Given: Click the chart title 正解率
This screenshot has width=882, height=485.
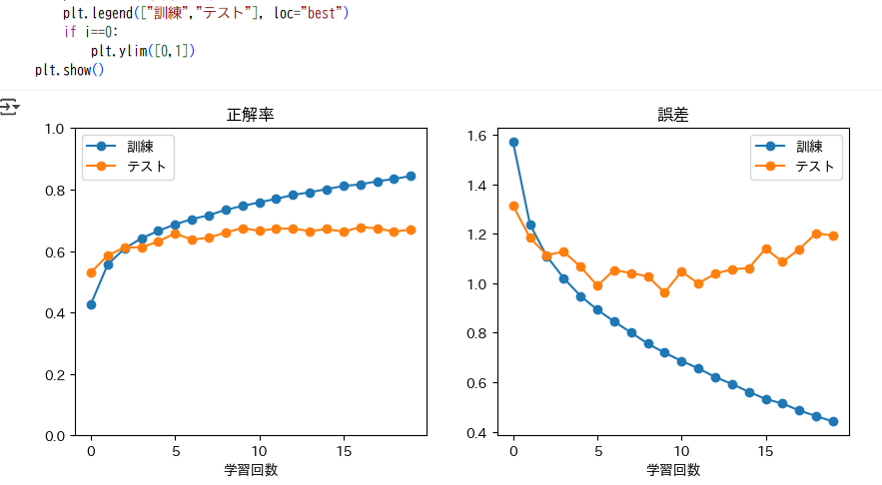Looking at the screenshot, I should pyautogui.click(x=252, y=115).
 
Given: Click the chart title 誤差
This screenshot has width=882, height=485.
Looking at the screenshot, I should pyautogui.click(x=674, y=115).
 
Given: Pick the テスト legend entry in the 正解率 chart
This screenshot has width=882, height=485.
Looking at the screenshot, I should pyautogui.click(x=145, y=167).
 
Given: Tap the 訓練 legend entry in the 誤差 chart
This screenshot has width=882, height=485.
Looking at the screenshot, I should pyautogui.click(x=809, y=147).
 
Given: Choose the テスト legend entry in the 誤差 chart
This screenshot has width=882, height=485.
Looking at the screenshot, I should pyautogui.click(x=815, y=167).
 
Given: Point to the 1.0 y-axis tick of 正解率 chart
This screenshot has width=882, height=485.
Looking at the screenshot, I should pyautogui.click(x=54, y=129).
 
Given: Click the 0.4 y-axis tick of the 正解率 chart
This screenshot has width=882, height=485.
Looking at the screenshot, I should pyautogui.click(x=54, y=313).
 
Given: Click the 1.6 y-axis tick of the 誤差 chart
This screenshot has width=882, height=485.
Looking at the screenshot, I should pyautogui.click(x=476, y=136).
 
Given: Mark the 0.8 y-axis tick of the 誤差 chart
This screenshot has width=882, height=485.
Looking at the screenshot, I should pyautogui.click(x=476, y=333).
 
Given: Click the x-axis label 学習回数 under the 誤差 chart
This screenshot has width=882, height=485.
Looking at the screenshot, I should pyautogui.click(x=674, y=469).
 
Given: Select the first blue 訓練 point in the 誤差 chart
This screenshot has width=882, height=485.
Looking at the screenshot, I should pyautogui.click(x=513, y=142).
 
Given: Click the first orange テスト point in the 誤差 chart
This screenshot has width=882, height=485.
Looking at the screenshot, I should pyautogui.click(x=513, y=206).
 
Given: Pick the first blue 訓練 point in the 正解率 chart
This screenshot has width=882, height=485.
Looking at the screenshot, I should pyautogui.click(x=91, y=304).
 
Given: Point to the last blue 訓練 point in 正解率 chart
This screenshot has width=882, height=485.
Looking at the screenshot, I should pyautogui.click(x=411, y=176).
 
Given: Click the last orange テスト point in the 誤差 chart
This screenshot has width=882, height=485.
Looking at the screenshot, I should pyautogui.click(x=833, y=236).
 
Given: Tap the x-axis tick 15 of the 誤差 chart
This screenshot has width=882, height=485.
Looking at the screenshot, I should pyautogui.click(x=766, y=451).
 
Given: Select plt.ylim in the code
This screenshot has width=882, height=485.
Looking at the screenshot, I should pyautogui.click(x=121, y=50).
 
